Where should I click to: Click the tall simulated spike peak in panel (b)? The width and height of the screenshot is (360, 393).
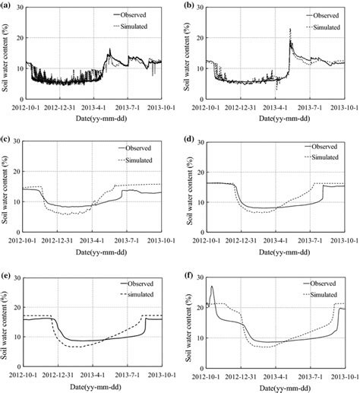coord(290,30)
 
